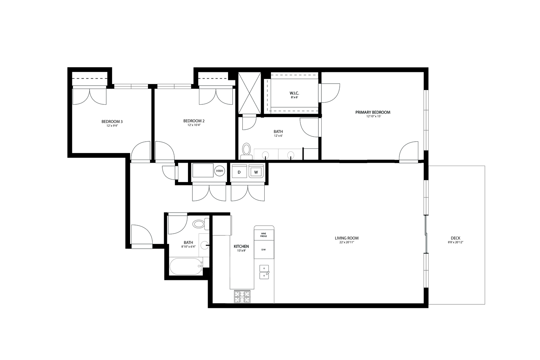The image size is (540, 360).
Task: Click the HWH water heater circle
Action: pos(219,171)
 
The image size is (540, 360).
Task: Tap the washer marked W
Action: pos(256,172)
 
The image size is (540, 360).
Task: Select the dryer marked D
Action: pos(239,172)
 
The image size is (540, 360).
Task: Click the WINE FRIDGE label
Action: pos(263,235)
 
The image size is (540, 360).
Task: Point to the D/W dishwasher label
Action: pos(263,250)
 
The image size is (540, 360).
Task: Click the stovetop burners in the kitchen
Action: pos(242,297)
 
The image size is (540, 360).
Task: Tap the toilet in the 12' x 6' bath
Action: pos(246,151)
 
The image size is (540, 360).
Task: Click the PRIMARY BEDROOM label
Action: pos(373,112)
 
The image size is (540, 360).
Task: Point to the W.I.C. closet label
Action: pos(294,93)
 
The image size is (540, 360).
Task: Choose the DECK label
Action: pos(455,238)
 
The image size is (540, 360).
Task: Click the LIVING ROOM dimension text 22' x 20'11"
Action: pos(347,242)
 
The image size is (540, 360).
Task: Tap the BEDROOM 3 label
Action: pos(112,122)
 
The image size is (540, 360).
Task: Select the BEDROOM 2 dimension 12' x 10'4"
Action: pos(194,125)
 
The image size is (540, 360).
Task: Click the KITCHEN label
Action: pos(241,246)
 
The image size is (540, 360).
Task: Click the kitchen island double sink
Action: pos(264,272)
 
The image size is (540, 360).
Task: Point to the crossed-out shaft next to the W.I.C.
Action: pos(250,93)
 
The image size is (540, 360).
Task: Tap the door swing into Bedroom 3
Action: pos(140,151)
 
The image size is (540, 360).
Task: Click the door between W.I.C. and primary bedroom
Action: pos(329,93)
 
